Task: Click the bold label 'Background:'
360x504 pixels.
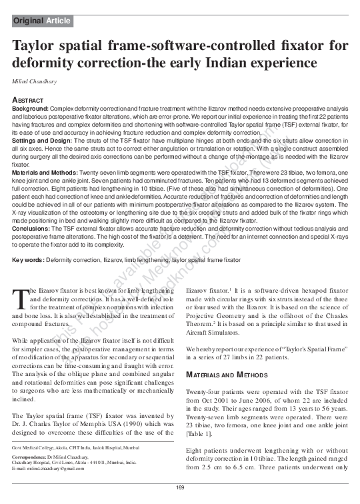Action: click(x=31, y=107)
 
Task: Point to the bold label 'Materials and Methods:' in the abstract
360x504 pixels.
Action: click(x=47, y=171)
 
